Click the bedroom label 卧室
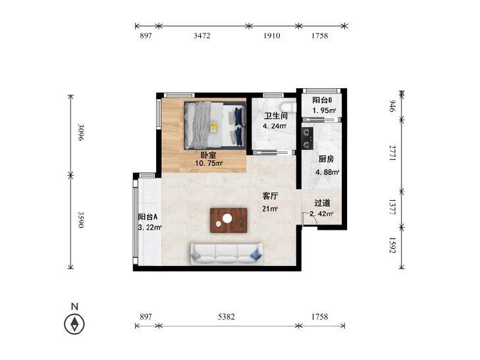[x=208, y=155]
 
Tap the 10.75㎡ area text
[x=209, y=163]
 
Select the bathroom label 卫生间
[x=276, y=116]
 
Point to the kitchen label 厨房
[x=326, y=159]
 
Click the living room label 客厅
[x=270, y=195]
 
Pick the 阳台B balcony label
[x=323, y=100]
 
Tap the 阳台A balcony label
[x=147, y=217]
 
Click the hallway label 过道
[x=323, y=203]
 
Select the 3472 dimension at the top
[x=202, y=36]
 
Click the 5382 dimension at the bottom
[x=227, y=317]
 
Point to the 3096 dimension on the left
[x=81, y=132]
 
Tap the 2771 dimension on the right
[x=392, y=153]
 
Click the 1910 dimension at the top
[x=272, y=36]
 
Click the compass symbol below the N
[x=74, y=324]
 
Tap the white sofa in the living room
[x=227, y=254]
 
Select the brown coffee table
[x=228, y=220]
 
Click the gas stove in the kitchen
[x=307, y=138]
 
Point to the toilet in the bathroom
[x=288, y=107]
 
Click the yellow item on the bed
[x=213, y=127]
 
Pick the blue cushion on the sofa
[x=256, y=255]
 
